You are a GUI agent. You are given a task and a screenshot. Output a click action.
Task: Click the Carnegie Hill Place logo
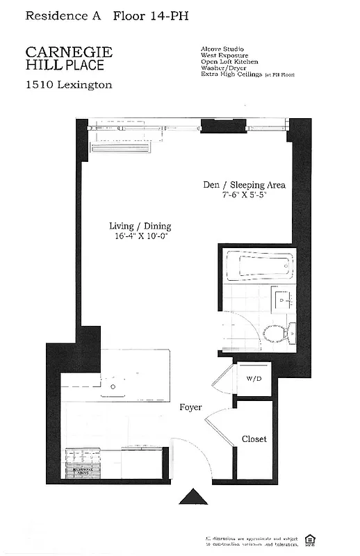click(x=69, y=58)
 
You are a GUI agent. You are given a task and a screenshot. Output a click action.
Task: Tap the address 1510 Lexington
click(x=69, y=85)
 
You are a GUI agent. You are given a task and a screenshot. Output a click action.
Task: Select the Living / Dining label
click(x=140, y=226)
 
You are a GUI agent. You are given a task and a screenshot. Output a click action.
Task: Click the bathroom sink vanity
click(x=282, y=302)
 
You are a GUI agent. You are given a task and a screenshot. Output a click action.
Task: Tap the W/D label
click(x=252, y=379)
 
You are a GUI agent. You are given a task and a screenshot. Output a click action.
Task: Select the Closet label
click(x=254, y=439)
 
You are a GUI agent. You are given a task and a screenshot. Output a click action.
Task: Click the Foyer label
click(x=190, y=407)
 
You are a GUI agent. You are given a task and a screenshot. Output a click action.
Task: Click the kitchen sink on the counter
click(x=113, y=386)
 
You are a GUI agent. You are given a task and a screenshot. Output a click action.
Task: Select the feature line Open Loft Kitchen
click(x=229, y=62)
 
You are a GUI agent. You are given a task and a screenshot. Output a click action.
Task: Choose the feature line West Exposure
click(x=224, y=55)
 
